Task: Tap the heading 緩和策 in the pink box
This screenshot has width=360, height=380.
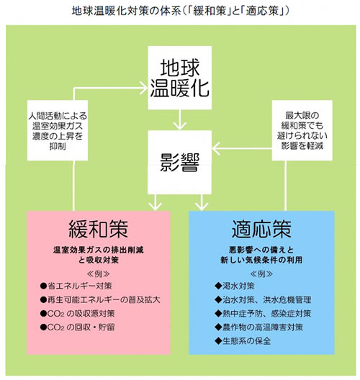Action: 99,229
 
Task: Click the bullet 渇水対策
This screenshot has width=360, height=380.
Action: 228,286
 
